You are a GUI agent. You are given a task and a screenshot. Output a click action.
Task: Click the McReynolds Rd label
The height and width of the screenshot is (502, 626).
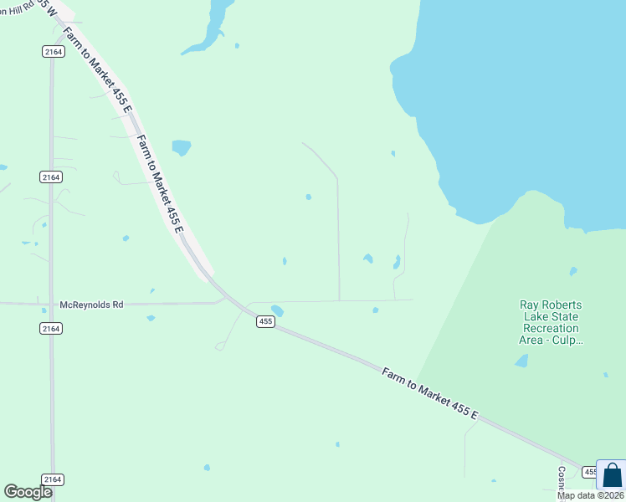(91, 305)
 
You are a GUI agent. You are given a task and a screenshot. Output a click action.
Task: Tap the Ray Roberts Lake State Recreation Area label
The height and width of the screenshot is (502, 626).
(550, 322)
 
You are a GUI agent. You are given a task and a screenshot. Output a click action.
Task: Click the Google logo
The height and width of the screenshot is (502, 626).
(28, 492)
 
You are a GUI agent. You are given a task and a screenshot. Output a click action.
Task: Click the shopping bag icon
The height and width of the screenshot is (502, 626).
(611, 475)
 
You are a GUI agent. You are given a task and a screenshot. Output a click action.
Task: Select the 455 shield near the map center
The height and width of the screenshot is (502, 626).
(265, 322)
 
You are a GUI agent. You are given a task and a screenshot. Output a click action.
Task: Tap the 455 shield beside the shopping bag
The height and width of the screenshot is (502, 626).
(589, 472)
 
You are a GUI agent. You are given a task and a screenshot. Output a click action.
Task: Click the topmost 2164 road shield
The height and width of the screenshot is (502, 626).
(53, 52)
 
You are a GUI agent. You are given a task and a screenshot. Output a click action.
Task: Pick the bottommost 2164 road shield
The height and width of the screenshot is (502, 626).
(52, 479)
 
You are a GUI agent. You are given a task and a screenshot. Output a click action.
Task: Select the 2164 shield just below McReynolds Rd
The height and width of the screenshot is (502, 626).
(52, 329)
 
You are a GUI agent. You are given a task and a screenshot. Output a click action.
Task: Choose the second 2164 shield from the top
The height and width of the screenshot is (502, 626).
(51, 177)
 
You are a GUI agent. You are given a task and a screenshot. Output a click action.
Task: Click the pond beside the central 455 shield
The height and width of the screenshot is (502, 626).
(277, 311)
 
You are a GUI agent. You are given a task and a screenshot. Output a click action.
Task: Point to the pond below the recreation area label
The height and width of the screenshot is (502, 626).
(521, 361)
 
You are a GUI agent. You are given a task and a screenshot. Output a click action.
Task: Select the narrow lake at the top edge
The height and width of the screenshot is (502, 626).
(208, 27)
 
